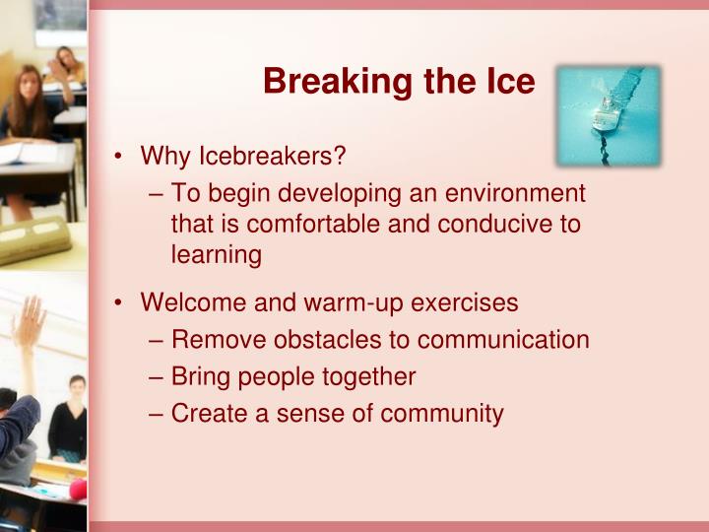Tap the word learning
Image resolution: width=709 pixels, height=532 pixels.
click(x=216, y=254)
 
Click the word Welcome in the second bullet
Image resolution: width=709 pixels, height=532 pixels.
click(x=188, y=302)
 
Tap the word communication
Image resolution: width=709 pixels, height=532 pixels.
click(x=503, y=340)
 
